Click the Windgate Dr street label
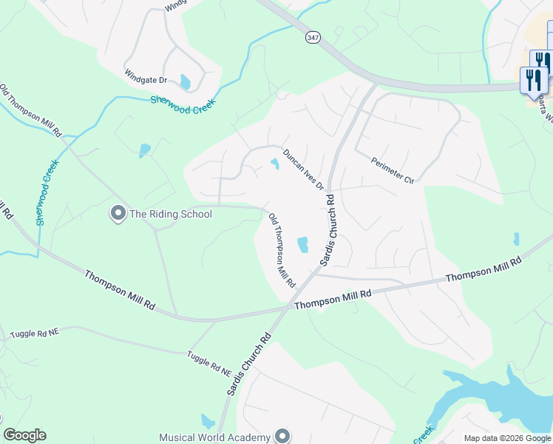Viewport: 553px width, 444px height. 146,79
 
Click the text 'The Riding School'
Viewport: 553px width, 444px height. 171,215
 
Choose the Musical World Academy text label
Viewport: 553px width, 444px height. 214,437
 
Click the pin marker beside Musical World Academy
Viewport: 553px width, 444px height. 281,436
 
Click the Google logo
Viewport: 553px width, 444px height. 25,435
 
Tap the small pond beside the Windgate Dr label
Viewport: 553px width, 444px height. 185,81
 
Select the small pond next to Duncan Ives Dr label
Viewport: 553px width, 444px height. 275,164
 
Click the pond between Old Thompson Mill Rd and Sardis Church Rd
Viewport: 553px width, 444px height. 302,244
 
